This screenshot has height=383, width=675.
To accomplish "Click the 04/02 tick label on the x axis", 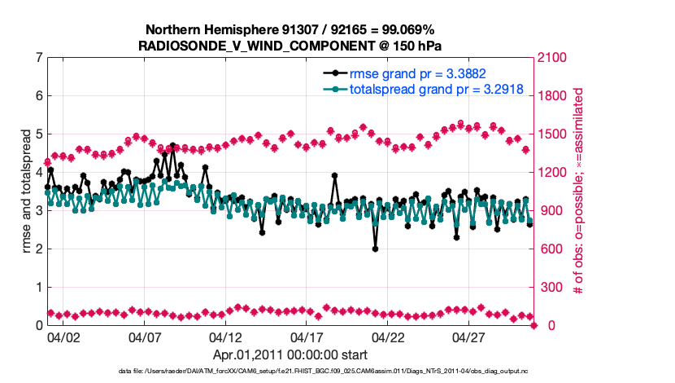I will [63, 337].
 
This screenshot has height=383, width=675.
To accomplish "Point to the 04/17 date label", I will [307, 337].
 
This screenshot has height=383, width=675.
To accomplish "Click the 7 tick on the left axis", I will [38, 58].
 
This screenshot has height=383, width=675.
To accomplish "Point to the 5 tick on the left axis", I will [38, 134].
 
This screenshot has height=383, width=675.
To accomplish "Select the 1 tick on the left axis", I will [38, 288].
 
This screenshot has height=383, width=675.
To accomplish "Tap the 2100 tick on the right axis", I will [554, 58].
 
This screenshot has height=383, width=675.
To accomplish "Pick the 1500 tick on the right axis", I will [554, 134].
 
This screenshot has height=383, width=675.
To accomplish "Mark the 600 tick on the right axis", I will [551, 249].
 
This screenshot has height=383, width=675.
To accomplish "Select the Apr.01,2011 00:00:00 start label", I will [290, 354].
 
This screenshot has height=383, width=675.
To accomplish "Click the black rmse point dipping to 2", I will [376, 249].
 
